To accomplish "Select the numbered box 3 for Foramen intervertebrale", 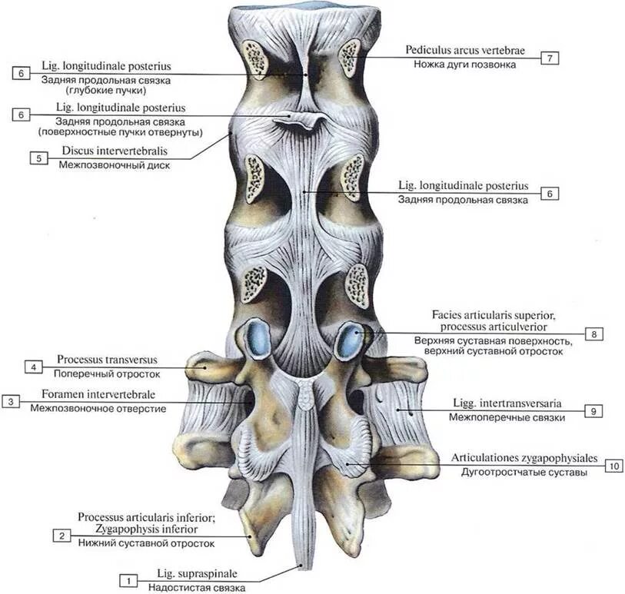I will pyautogui.click(x=10, y=401).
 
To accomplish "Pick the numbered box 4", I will pyautogui.click(x=34, y=367).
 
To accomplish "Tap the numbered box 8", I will pyautogui.click(x=594, y=334).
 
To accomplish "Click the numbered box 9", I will pyautogui.click(x=594, y=411).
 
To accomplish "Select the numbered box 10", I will pyautogui.click(x=613, y=466).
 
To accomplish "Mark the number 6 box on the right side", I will pyautogui.click(x=550, y=194).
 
